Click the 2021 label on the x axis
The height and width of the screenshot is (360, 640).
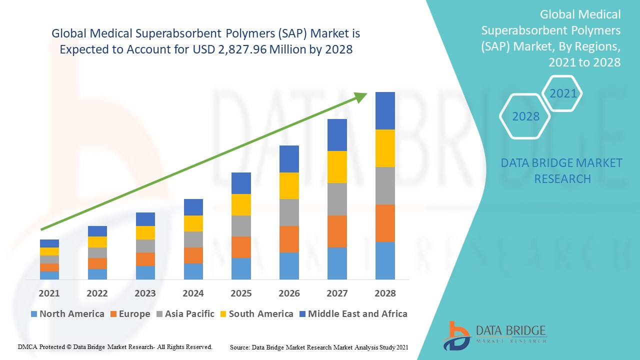[x=49, y=293]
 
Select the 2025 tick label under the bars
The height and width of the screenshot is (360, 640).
[x=241, y=293]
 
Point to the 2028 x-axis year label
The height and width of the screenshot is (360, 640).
[x=385, y=293]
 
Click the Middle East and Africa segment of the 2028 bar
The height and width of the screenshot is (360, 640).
[x=385, y=110]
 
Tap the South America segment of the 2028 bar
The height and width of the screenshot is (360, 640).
[x=385, y=148]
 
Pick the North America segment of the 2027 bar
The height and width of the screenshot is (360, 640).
[x=337, y=263]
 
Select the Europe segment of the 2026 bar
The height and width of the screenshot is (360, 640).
[x=289, y=239]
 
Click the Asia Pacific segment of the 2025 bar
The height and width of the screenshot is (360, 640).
[x=241, y=226]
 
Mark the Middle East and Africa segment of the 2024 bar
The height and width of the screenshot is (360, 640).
[x=193, y=207]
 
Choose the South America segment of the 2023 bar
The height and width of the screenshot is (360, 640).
[x=145, y=232]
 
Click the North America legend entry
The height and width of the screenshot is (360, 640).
[x=67, y=314]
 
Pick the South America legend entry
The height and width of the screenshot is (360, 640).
[x=256, y=314]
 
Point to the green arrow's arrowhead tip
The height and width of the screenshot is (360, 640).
[x=367, y=93]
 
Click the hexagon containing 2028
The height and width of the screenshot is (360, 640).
[x=525, y=116]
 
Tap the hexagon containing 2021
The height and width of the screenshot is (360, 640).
[x=563, y=93]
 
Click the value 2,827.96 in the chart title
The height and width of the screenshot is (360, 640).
[x=237, y=49]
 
